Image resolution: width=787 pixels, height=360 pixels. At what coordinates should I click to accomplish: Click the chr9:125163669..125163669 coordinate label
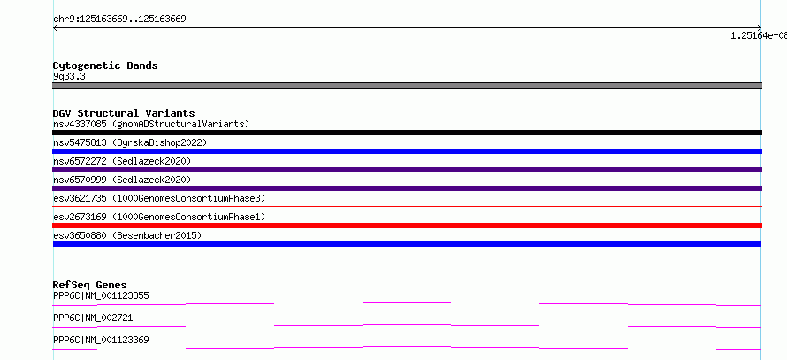119,19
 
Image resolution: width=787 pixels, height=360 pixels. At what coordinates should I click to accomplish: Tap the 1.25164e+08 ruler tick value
758,35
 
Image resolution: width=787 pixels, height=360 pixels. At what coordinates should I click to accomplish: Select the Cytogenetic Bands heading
105,65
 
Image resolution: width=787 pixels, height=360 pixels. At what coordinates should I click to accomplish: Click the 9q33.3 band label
69,76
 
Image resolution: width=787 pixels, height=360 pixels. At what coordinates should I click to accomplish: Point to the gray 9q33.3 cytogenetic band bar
407,86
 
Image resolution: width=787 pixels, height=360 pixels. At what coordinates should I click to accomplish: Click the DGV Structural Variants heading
124,113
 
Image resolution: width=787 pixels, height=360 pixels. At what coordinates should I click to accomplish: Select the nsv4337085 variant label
151,124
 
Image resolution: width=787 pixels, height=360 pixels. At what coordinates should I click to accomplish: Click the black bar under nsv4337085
407,133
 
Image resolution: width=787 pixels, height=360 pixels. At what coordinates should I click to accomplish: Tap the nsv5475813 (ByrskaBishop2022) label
130,142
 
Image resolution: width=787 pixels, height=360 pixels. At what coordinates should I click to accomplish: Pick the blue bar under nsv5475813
407,151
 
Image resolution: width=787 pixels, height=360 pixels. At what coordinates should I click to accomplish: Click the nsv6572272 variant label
122,161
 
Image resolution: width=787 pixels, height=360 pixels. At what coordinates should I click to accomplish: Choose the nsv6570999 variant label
122,180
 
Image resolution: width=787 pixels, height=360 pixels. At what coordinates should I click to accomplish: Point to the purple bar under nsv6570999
407,188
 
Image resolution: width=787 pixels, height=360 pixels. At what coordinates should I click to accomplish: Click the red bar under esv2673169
407,226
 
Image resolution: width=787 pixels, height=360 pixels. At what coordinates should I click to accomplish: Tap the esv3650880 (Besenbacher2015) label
127,235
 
